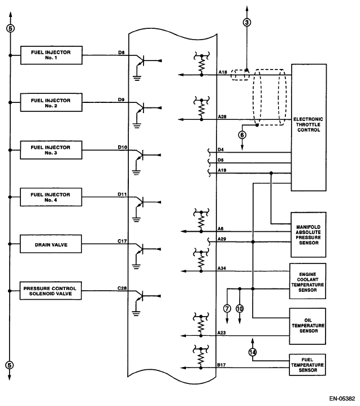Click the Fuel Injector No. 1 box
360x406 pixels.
[51, 55]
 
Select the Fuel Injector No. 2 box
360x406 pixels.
[51, 103]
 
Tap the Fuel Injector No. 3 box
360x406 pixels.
[51, 150]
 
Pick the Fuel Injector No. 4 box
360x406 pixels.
[51, 197]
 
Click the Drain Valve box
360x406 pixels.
[51, 245]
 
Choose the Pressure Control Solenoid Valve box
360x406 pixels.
[51, 291]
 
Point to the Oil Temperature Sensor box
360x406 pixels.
[307, 326]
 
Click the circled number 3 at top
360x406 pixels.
[246, 23]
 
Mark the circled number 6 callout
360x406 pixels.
[242, 135]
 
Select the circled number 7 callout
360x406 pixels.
[227, 309]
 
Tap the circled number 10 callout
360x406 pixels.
[240, 309]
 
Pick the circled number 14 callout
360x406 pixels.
[252, 352]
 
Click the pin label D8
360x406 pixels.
[121, 53]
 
